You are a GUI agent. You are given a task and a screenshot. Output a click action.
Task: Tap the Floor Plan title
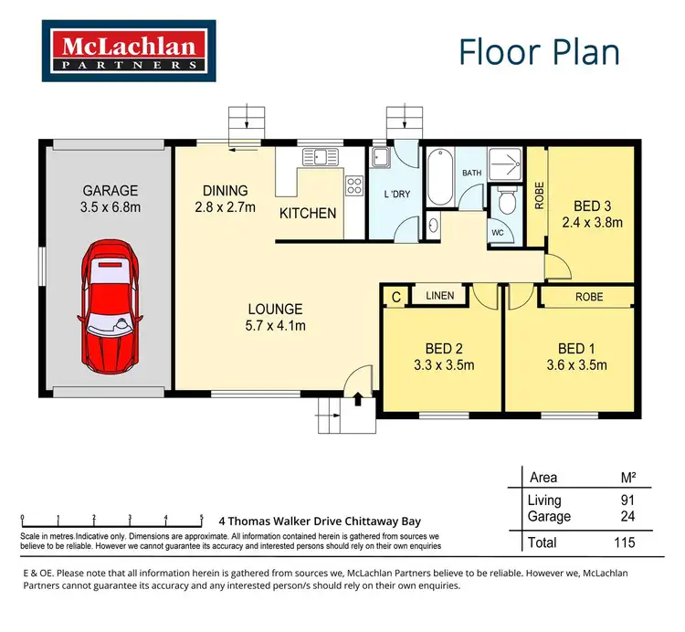pyautogui.click(x=539, y=52)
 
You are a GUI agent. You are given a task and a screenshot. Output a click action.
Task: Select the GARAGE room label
pyautogui.click(x=110, y=191)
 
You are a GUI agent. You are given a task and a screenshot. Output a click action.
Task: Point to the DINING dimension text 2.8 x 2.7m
pyautogui.click(x=226, y=207)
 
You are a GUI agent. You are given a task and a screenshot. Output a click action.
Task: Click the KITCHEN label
pyautogui.click(x=308, y=213)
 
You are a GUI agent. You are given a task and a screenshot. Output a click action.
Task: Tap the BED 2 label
pyautogui.click(x=443, y=348)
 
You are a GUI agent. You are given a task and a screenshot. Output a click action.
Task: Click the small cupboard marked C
pyautogui.click(x=395, y=295)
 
